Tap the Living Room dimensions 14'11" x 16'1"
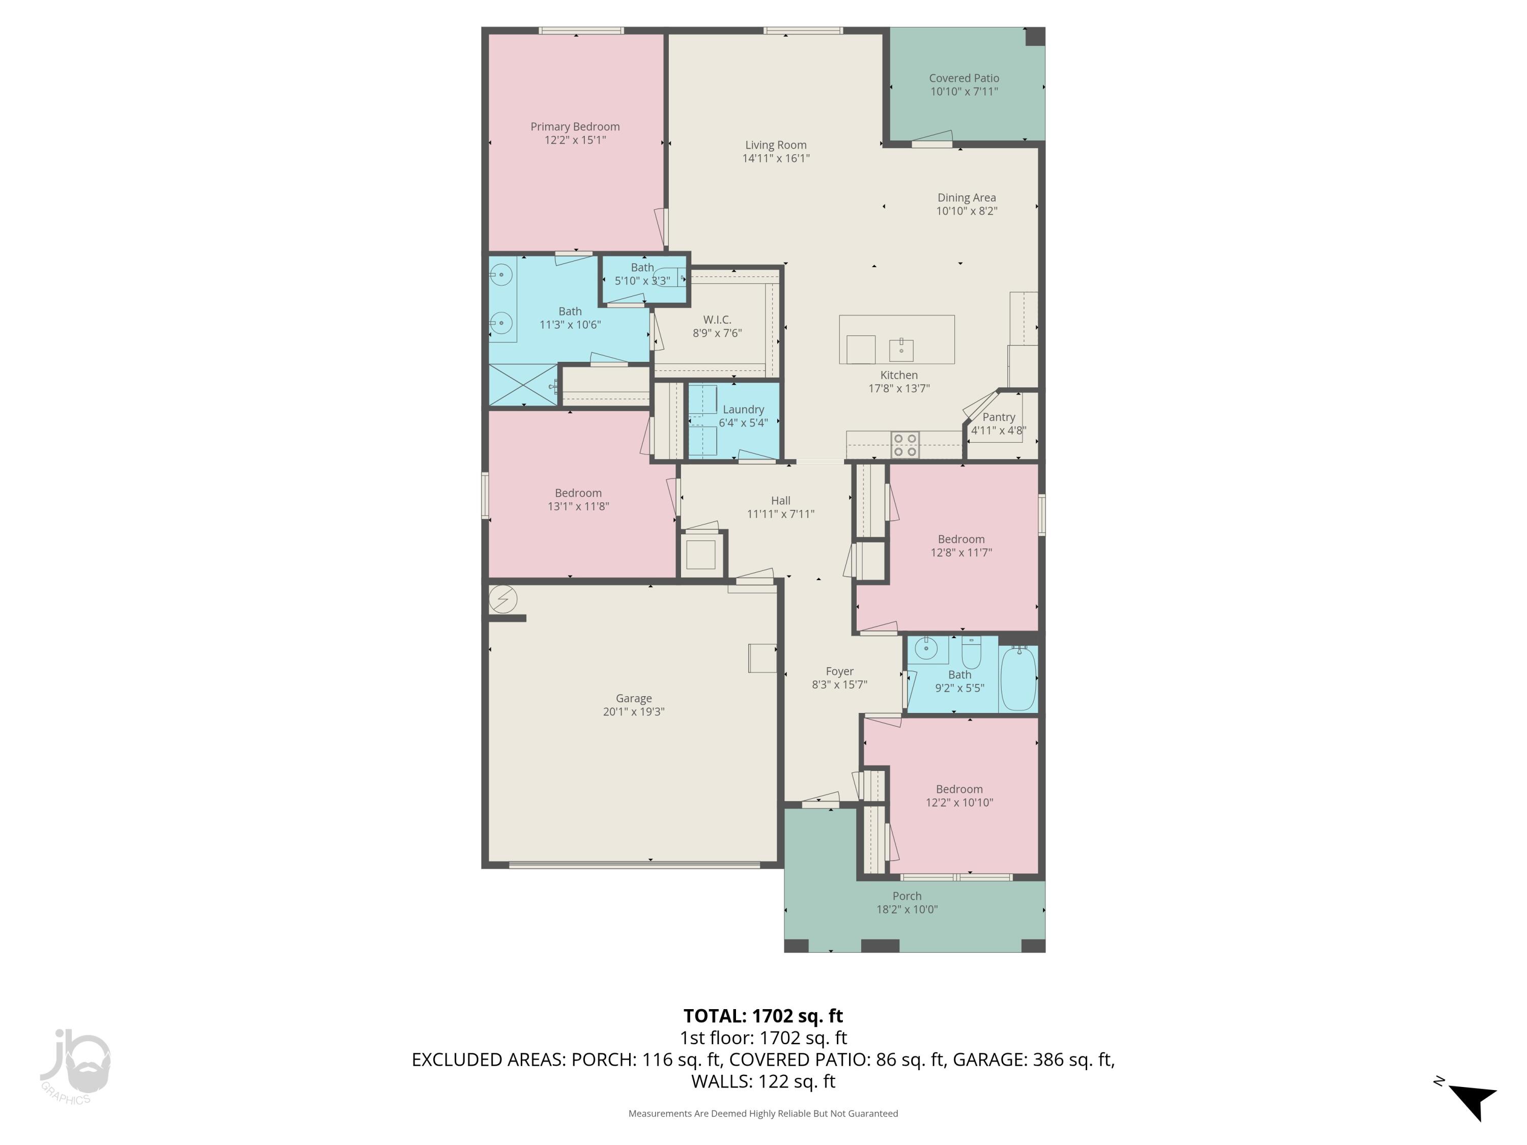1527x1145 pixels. coord(776,158)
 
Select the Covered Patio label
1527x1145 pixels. coord(964,78)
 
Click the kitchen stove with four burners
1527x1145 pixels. coord(904,445)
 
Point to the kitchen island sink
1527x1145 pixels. coord(901,349)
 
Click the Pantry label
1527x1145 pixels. coord(998,417)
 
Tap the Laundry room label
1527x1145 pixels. coord(743,409)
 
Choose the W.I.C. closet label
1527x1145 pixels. coord(717,320)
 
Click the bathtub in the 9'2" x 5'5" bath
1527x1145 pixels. coord(1018,678)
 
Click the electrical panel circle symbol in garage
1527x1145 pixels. coord(502,599)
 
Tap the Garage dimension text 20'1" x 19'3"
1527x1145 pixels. coord(633,711)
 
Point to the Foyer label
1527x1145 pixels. coord(839,671)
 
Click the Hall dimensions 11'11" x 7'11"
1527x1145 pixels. coord(780,513)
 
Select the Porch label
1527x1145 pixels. coord(907,896)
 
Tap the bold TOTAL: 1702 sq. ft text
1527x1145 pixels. coord(763,1016)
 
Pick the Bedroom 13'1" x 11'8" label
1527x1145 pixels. coord(578,493)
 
